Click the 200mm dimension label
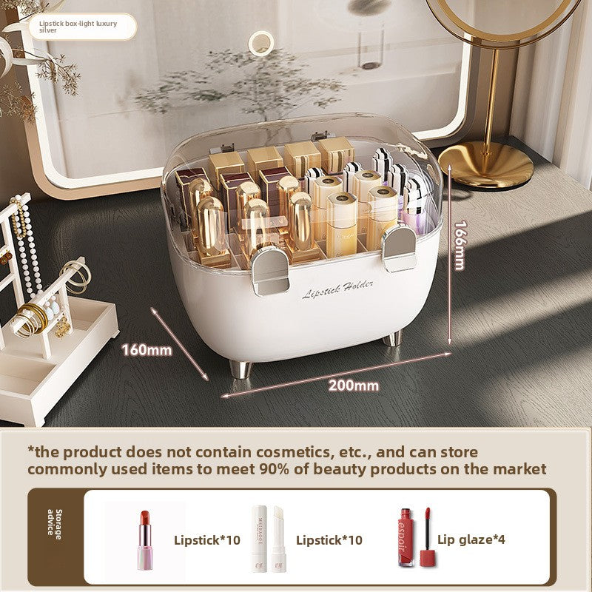[x=354, y=385]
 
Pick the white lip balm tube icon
[x=268, y=537]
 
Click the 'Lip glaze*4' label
[x=471, y=539]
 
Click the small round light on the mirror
[x=260, y=43]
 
